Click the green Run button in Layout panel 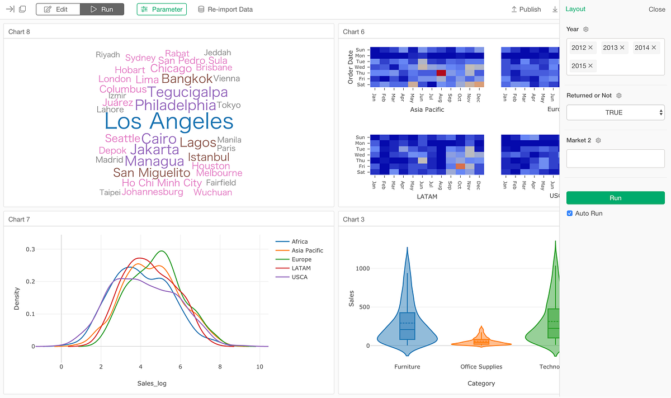click(615, 198)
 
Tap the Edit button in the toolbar click(58, 10)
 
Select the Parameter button click(162, 10)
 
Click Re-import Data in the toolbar click(225, 10)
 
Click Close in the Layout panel click(656, 10)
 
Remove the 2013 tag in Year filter click(622, 48)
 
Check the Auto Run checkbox click(570, 214)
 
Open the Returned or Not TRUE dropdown click(615, 112)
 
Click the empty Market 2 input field click(615, 159)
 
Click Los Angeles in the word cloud click(169, 121)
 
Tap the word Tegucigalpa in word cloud click(187, 92)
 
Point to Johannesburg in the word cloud click(153, 192)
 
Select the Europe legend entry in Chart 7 click(301, 259)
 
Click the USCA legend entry click(299, 277)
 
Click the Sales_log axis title click(152, 383)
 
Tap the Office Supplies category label click(481, 367)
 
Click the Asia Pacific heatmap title click(427, 110)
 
